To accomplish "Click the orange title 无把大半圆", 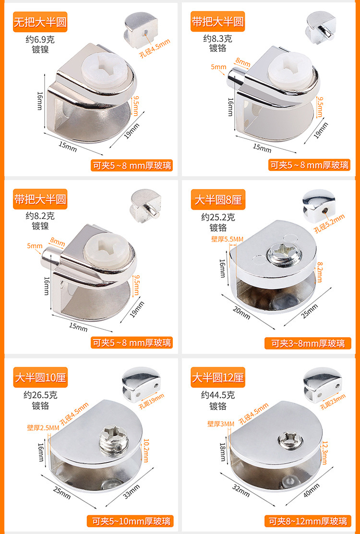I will pos(40,22).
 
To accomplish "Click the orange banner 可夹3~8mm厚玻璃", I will pos(308,343).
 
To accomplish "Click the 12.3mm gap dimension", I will pos(324,453).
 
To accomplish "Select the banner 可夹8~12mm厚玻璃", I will pos(309,521).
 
